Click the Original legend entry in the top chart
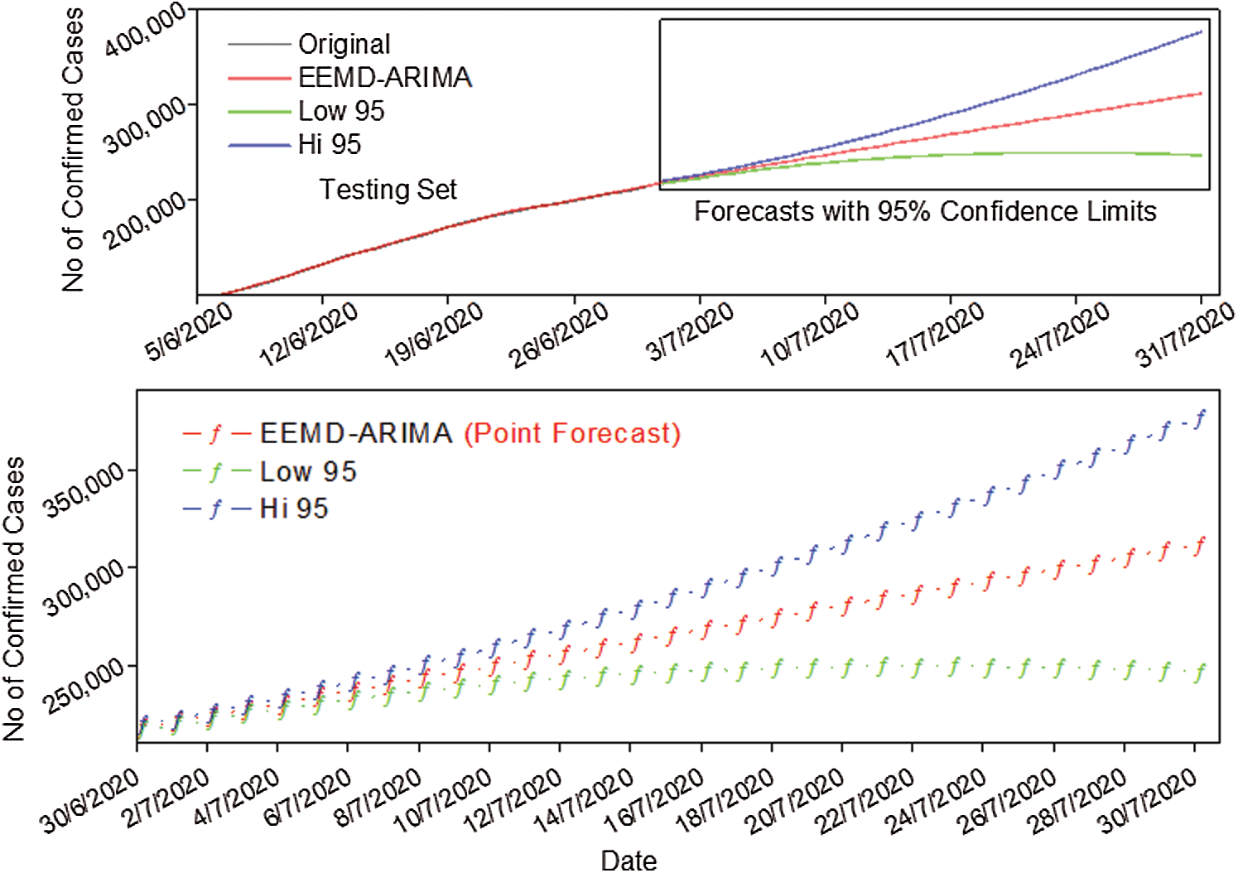tap(344, 44)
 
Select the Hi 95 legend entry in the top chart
tap(330, 145)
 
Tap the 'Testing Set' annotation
tap(388, 190)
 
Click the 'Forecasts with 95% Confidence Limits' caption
tap(925, 212)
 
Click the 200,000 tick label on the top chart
tap(146, 222)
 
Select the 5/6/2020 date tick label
tap(190, 330)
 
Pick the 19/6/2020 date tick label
tap(434, 335)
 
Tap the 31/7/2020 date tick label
tap(1186, 335)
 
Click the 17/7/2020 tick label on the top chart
tap(935, 335)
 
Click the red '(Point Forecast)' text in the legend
tap(571, 433)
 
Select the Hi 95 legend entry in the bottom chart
tap(294, 509)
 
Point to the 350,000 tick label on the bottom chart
tap(86, 490)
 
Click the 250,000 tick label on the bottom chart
tap(86, 687)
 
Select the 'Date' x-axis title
tap(629, 860)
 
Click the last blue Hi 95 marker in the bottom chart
tap(1200, 418)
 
